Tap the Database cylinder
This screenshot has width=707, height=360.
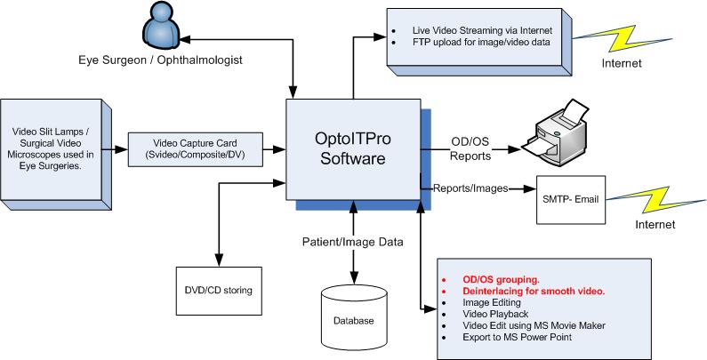pyautogui.click(x=354, y=316)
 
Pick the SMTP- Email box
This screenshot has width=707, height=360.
pyautogui.click(x=569, y=200)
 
